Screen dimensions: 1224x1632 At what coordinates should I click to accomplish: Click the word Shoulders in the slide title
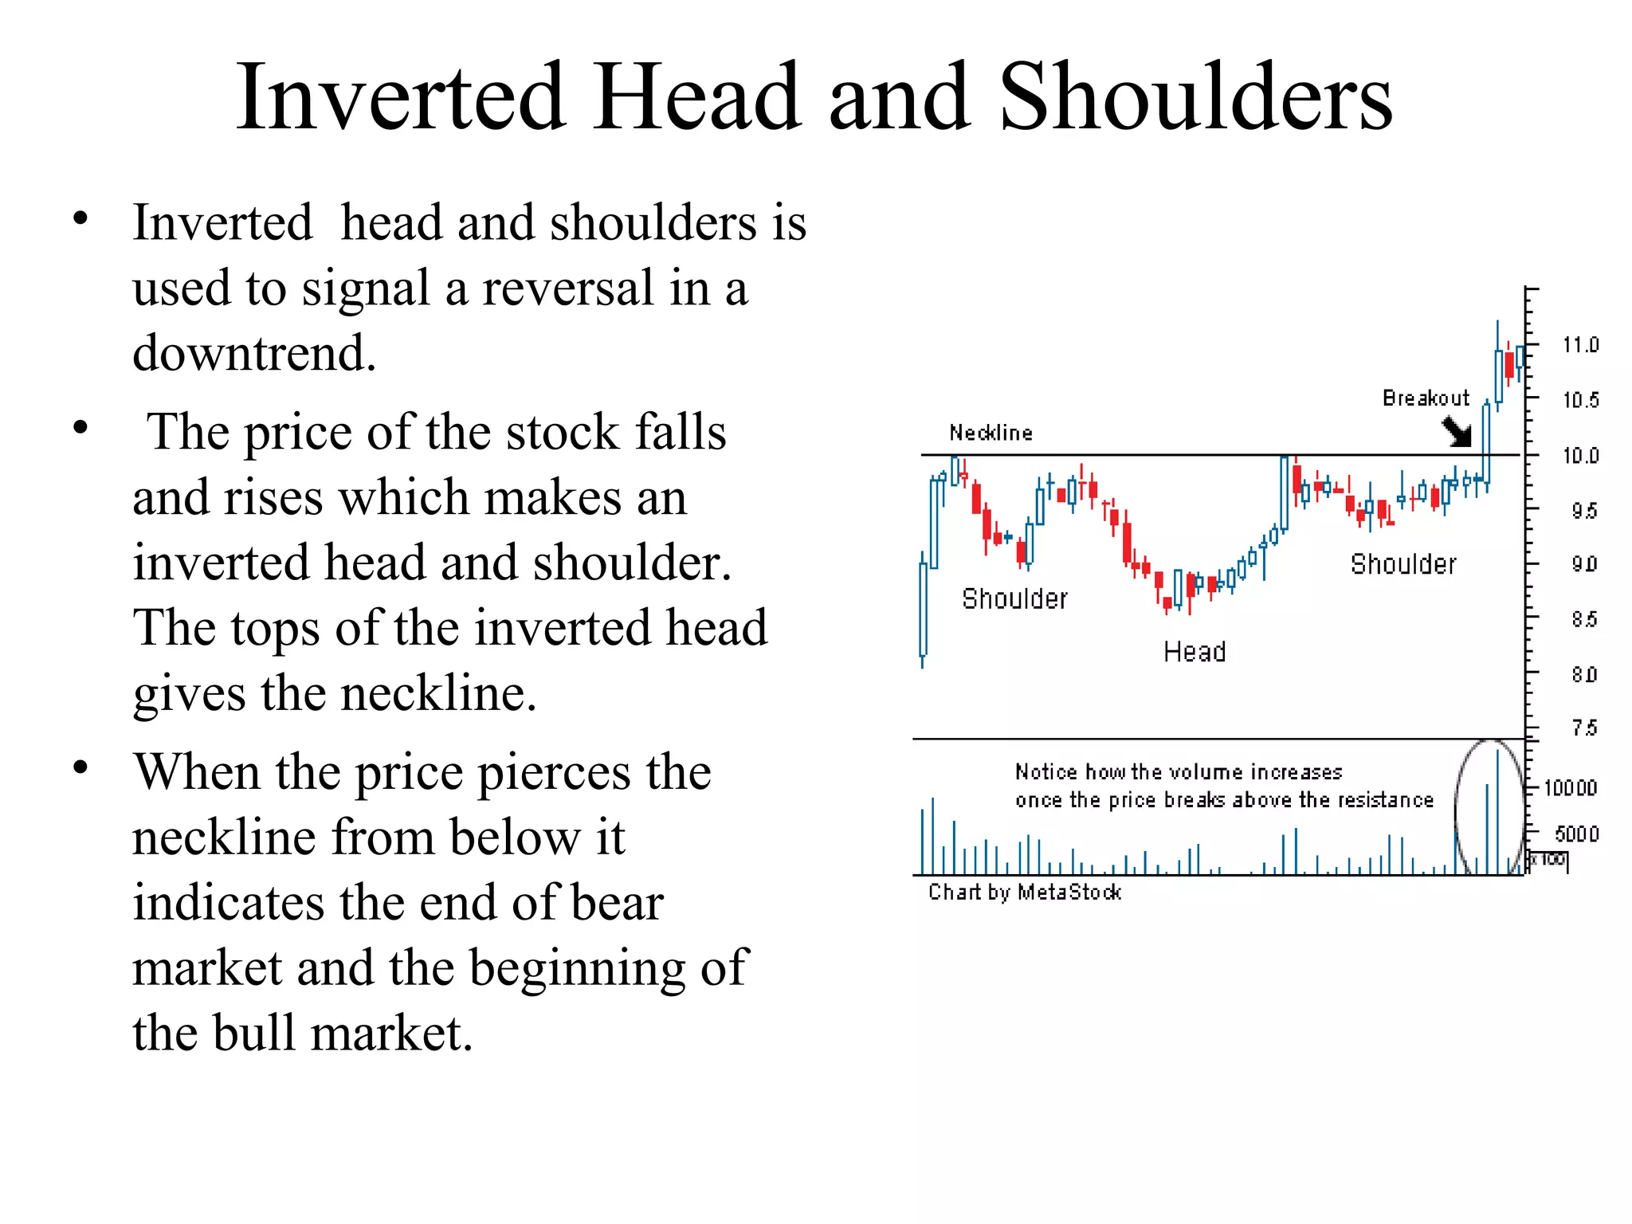click(x=1195, y=97)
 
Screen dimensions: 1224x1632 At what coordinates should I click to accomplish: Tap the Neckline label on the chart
click(x=991, y=433)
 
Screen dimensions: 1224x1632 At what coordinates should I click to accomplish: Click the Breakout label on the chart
click(x=1426, y=398)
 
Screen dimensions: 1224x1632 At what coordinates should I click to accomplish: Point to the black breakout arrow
click(x=1458, y=433)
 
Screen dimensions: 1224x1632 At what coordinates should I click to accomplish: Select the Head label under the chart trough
click(x=1195, y=652)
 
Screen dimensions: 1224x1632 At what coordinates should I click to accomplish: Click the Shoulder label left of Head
click(x=1014, y=598)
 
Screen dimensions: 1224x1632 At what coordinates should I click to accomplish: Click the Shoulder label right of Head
click(x=1403, y=564)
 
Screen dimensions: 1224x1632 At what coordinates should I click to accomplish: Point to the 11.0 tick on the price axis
click(x=1580, y=345)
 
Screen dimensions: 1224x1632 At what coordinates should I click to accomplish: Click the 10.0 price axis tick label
click(x=1580, y=456)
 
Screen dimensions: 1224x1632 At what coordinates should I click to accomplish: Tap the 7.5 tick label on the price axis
click(x=1584, y=728)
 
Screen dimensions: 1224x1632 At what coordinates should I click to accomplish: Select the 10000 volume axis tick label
click(x=1570, y=788)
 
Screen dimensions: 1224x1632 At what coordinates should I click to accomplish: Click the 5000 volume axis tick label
click(x=1576, y=834)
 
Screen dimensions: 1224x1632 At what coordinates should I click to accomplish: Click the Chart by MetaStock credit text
click(x=1025, y=892)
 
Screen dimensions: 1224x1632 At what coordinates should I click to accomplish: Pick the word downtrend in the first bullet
click(x=253, y=353)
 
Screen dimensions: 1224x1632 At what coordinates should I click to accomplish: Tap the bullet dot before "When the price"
click(x=80, y=767)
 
